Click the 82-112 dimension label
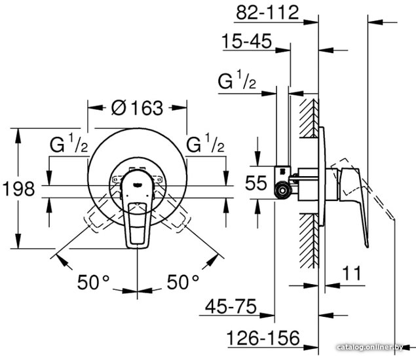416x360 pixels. coord(267,12)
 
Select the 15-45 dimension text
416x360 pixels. coord(247,41)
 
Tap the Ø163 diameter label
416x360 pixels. coord(137,108)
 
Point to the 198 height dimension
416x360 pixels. coord(18,189)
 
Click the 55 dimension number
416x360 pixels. coord(255,183)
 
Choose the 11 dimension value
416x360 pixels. coord(352,273)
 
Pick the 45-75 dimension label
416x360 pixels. coord(231,306)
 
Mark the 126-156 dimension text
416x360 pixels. coord(263,338)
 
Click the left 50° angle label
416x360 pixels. coord(94,282)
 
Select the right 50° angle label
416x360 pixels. coord(183,282)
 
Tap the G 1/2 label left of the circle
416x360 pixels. coord(69,143)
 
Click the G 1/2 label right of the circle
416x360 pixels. coord(205,143)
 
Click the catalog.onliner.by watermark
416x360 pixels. coord(370,347)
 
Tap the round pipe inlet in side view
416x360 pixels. coord(282,190)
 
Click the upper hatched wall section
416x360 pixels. coord(309,118)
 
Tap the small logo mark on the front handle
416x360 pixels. coord(137,185)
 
